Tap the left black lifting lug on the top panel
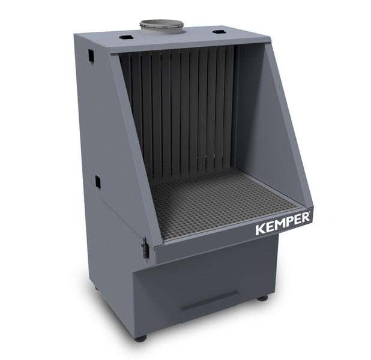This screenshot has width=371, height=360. click(x=125, y=37)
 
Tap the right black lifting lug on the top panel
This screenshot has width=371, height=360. click(x=218, y=32)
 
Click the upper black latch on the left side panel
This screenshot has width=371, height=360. click(x=91, y=56)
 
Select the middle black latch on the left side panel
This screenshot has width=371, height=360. click(x=97, y=182)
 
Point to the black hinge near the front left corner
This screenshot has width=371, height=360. click(x=145, y=248)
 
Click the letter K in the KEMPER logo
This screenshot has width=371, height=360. click(x=261, y=229)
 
